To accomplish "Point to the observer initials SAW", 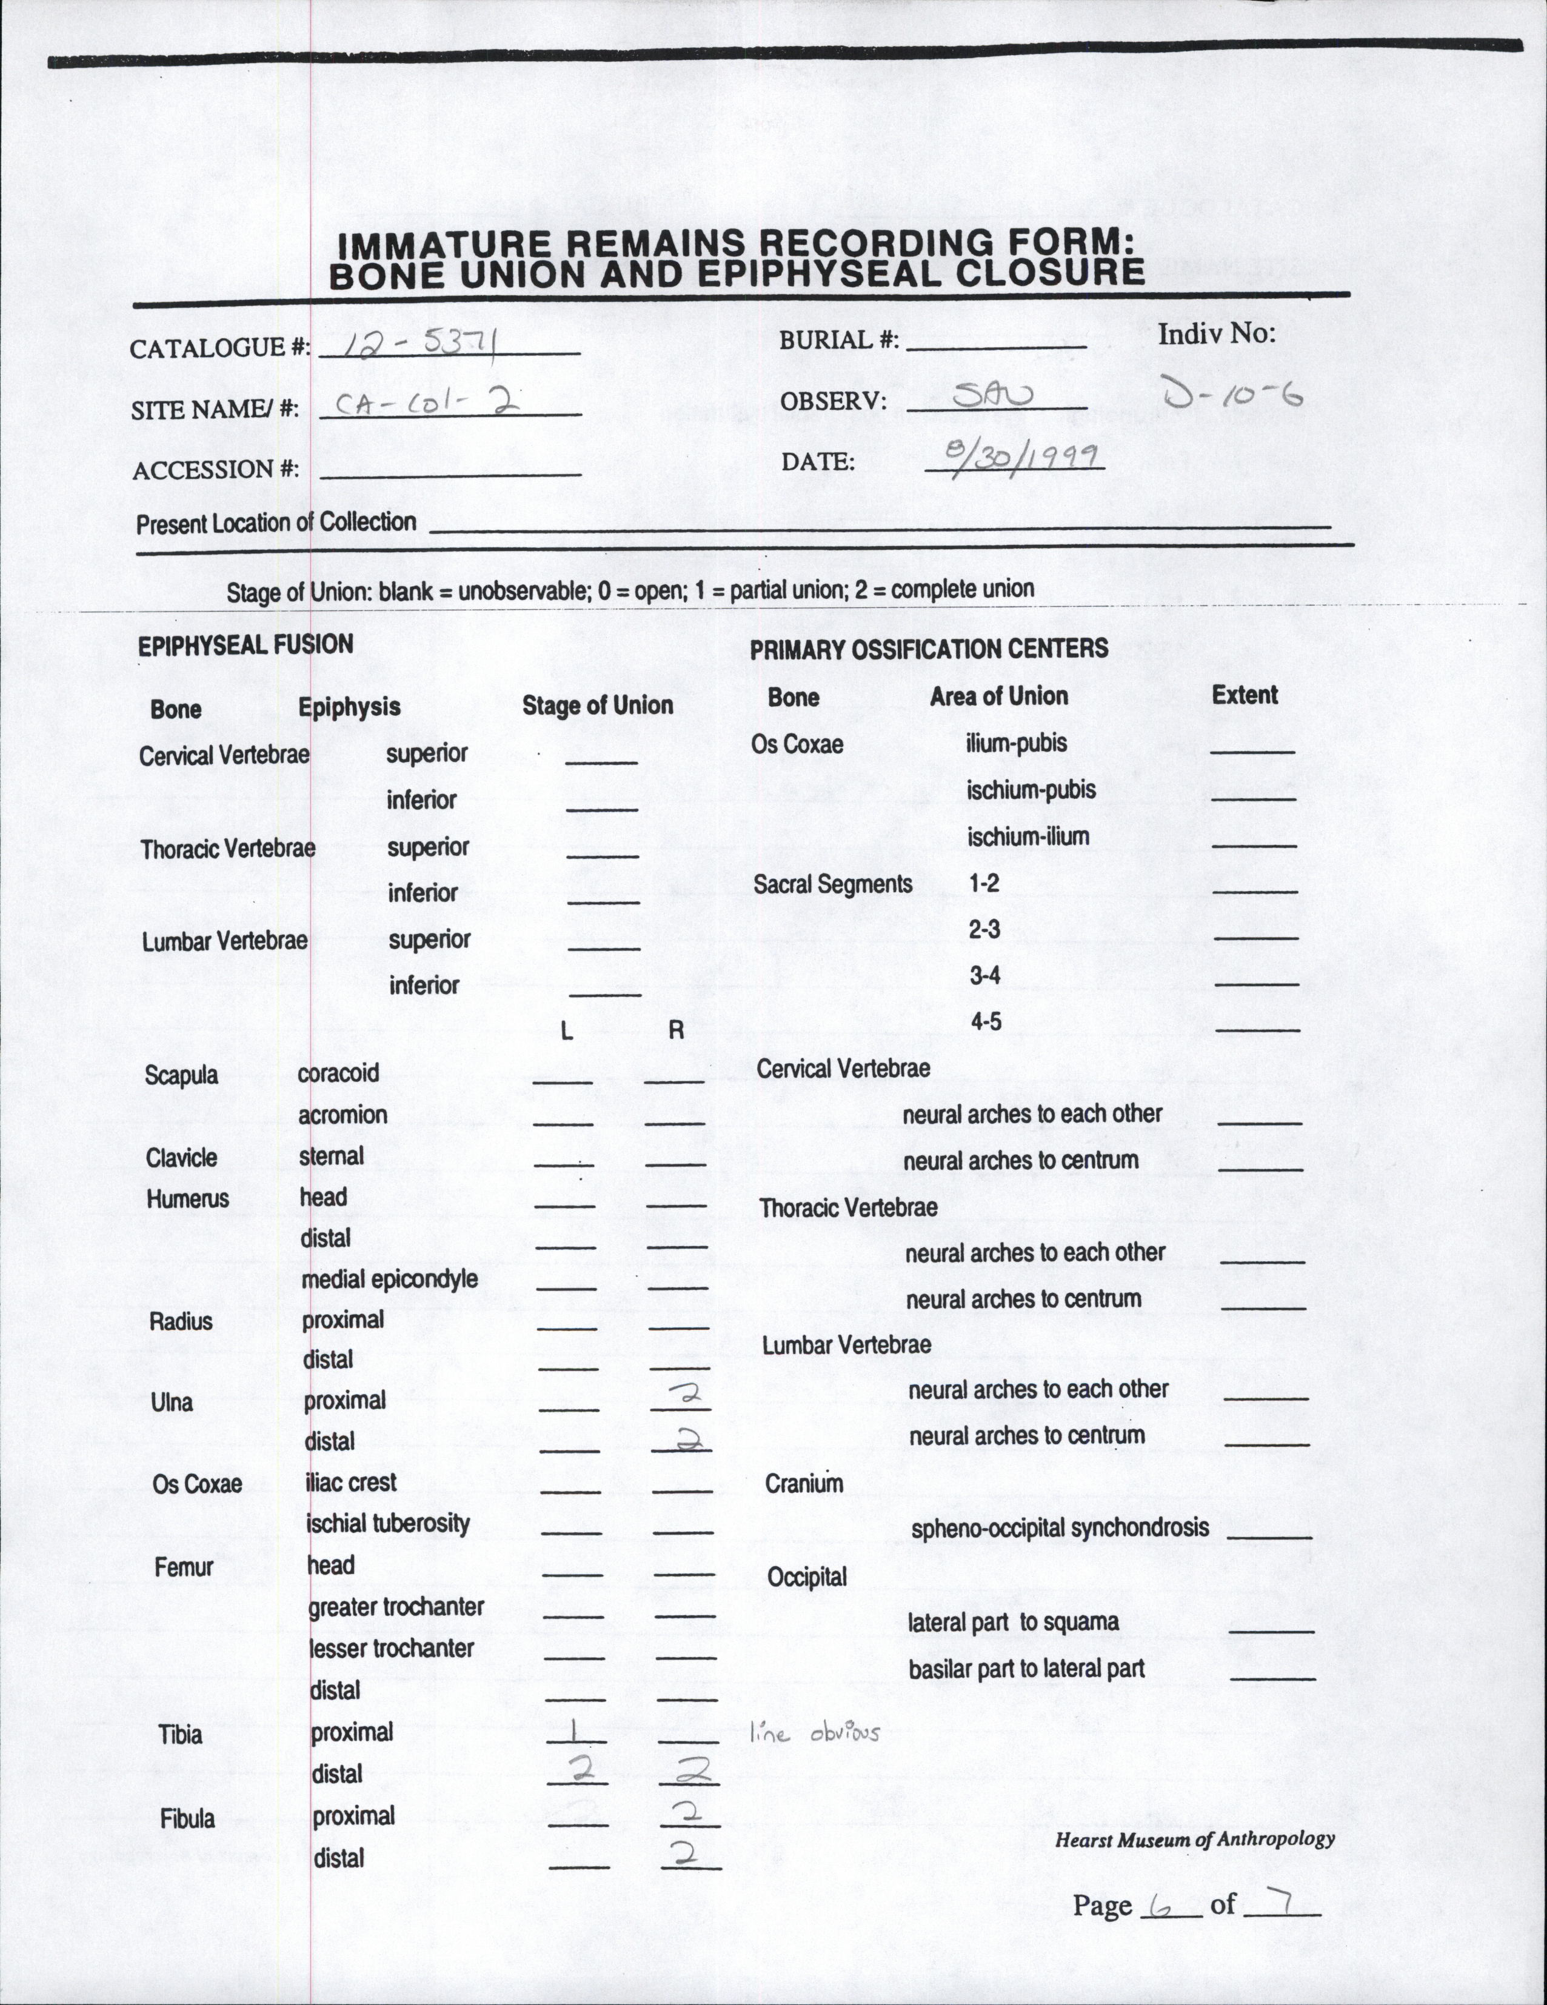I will pyautogui.click(x=994, y=396).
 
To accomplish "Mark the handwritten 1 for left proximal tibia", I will pyautogui.click(x=573, y=1730).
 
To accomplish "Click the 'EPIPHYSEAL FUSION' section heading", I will pyautogui.click(x=245, y=644).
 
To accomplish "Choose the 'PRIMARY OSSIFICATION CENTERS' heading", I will pyautogui.click(x=928, y=649).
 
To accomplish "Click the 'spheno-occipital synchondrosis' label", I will pyautogui.click(x=1060, y=1527).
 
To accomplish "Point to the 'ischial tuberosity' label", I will pyautogui.click(x=387, y=1524).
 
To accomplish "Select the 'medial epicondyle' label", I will pyautogui.click(x=389, y=1279).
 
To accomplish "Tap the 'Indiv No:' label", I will pyautogui.click(x=1217, y=333).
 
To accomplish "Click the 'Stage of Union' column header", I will pyautogui.click(x=598, y=705).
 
